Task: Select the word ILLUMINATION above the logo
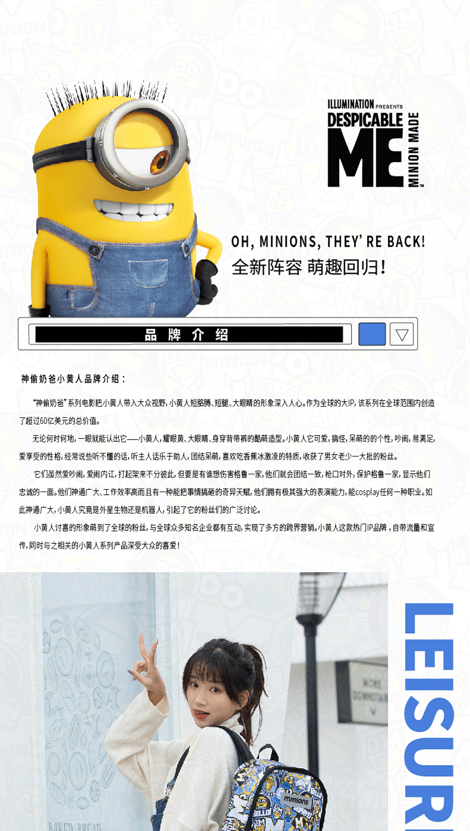click(x=350, y=104)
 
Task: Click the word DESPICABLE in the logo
click(x=365, y=119)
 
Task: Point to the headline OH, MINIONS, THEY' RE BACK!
click(x=328, y=242)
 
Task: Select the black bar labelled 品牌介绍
click(x=189, y=335)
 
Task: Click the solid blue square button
click(x=372, y=334)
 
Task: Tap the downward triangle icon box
click(x=402, y=335)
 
